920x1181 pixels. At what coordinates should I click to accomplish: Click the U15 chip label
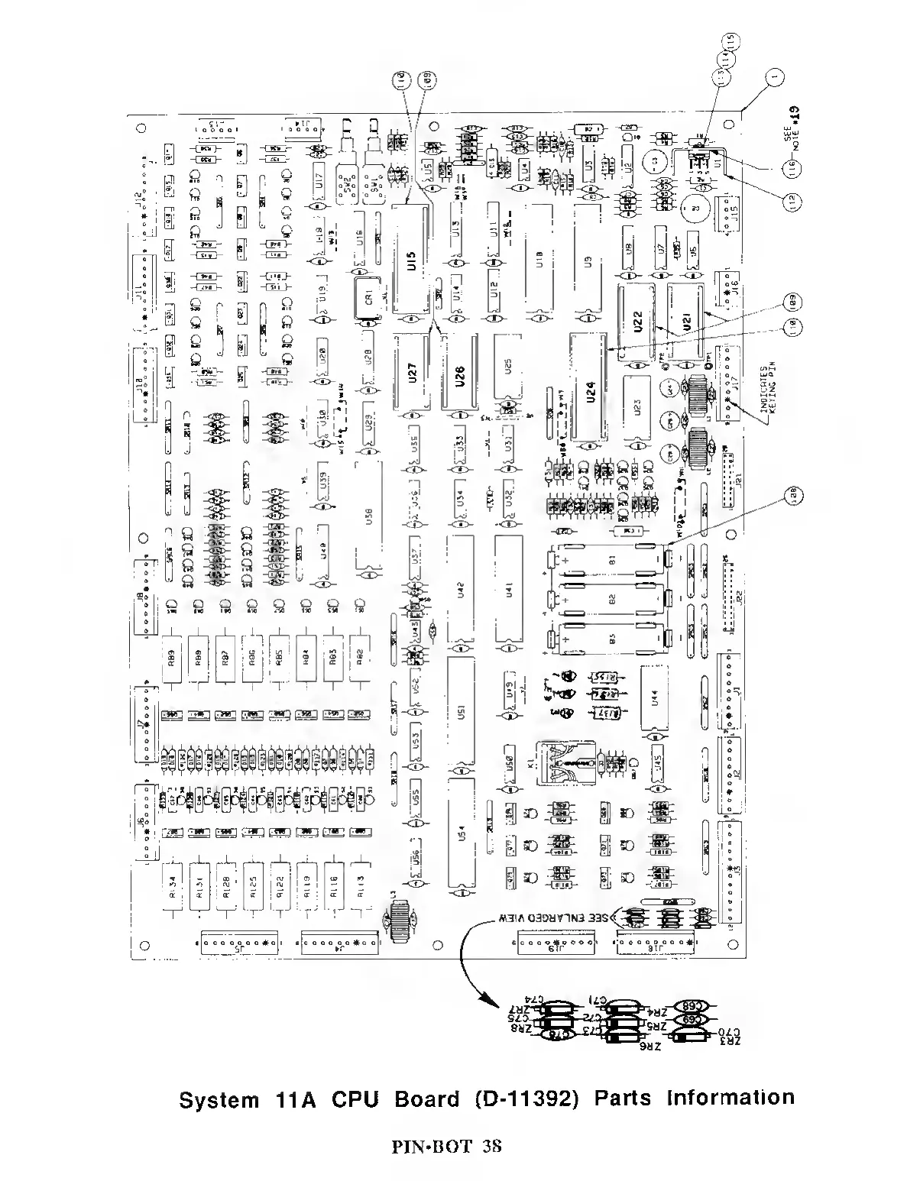[411, 267]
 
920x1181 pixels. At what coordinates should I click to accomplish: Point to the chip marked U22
[638, 324]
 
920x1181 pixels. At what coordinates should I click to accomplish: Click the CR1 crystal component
[365, 297]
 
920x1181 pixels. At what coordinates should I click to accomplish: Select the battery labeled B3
[611, 640]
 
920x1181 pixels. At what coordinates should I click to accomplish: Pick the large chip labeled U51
[460, 711]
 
